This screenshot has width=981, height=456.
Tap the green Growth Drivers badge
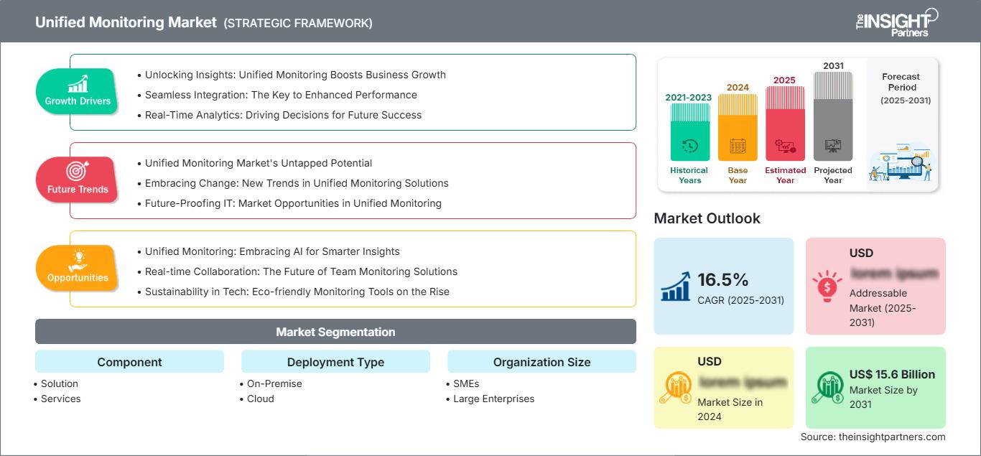tap(78, 91)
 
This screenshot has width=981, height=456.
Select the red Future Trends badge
tap(78, 180)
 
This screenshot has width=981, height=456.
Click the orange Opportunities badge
tap(78, 268)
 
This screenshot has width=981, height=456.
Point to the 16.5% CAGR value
tap(722, 279)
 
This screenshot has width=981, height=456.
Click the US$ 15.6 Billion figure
tap(892, 374)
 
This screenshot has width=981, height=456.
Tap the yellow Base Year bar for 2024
tap(738, 128)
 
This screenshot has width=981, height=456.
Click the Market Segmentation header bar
tap(335, 332)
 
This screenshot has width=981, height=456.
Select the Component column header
tap(129, 362)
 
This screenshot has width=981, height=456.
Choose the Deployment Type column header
tap(335, 362)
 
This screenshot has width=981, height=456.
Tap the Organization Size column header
tap(541, 362)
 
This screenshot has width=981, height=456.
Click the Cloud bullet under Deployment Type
tap(260, 399)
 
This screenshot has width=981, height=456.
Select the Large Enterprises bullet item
tap(493, 399)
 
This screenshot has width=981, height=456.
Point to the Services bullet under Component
tap(60, 399)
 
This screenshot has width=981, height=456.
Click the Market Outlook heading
tap(707, 218)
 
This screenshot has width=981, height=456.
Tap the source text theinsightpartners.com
tap(873, 437)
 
